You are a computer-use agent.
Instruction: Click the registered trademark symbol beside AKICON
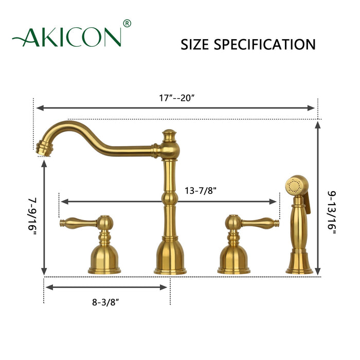(x=128, y=23)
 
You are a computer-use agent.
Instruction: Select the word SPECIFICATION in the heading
(x=266, y=44)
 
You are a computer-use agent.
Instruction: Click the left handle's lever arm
(x=77, y=223)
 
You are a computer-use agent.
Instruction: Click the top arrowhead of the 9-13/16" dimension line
(x=319, y=123)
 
